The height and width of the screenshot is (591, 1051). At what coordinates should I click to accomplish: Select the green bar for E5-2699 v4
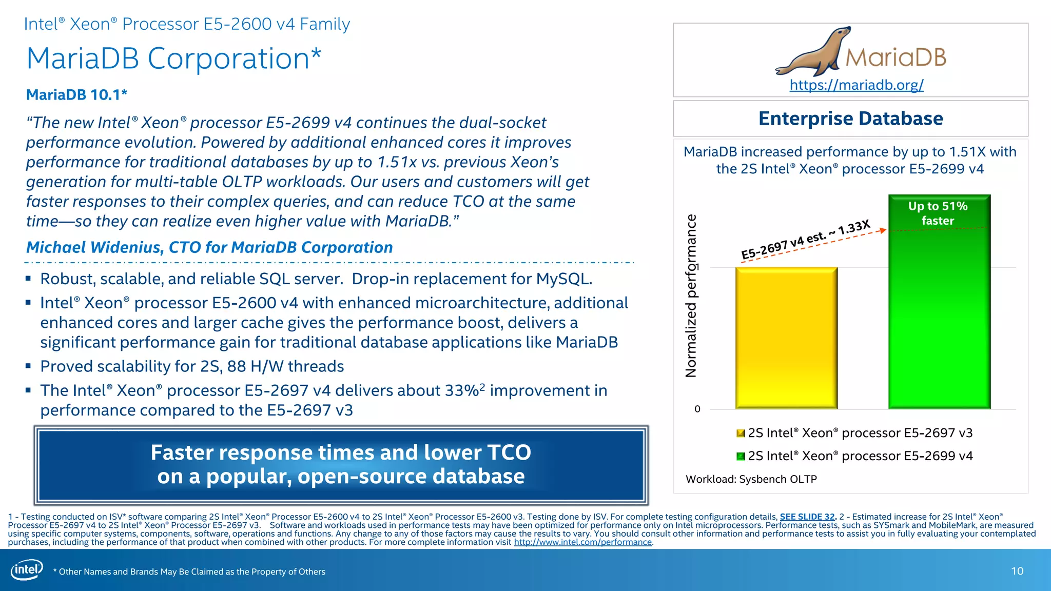coord(939,318)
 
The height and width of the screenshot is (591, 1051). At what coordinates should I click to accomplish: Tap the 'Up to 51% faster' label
coord(938,213)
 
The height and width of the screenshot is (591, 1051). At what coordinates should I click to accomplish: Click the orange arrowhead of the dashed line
coord(883,230)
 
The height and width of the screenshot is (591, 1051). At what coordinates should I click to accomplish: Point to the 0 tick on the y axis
coord(697,409)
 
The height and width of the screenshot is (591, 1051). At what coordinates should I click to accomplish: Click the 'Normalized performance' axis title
coord(692,296)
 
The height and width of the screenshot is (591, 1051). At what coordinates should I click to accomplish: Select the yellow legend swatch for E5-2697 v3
coord(741,434)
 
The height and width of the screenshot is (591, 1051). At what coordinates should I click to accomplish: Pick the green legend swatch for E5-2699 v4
coord(741,456)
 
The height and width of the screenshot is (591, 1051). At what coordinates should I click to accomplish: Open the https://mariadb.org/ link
coord(856,85)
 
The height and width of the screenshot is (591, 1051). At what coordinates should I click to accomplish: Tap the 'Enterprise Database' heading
coord(850,119)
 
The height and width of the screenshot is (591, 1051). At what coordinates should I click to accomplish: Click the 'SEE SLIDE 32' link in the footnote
coord(807,517)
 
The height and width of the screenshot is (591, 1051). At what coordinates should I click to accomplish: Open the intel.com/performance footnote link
coord(582,542)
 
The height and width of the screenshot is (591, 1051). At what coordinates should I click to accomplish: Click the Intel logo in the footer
coord(27,570)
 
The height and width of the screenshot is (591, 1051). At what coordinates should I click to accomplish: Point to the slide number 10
coord(1017,571)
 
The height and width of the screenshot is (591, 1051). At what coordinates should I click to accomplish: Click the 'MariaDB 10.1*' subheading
coord(76,95)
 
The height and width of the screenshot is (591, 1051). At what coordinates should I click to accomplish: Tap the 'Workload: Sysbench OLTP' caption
coord(751,479)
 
